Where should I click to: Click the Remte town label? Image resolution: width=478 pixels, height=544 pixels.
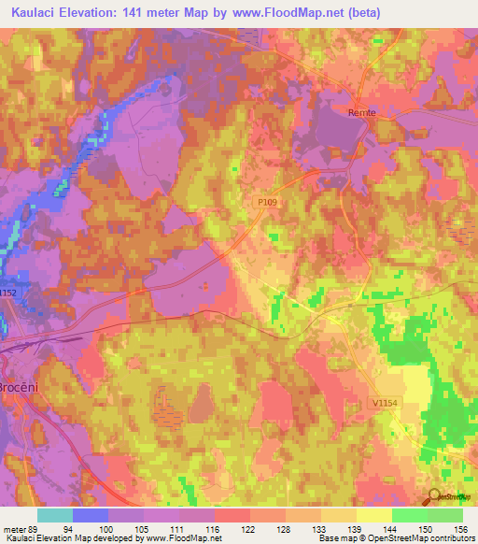(x=361, y=112)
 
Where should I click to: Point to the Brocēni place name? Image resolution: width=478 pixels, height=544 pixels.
(x=18, y=387)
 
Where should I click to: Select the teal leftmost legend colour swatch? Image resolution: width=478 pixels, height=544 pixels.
(x=55, y=515)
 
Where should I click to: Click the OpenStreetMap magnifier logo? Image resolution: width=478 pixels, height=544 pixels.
(x=435, y=497)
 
